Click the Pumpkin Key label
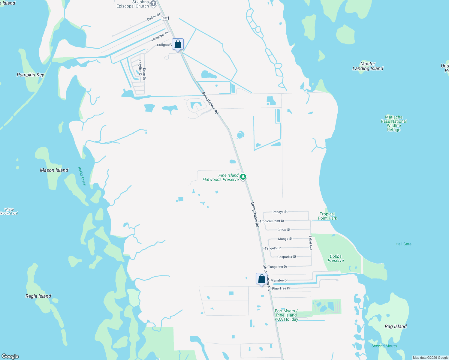[30, 75]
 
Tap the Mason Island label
[54, 170]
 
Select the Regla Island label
[38, 296]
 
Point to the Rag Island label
[396, 326]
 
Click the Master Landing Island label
[368, 66]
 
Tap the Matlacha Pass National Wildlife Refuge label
[393, 123]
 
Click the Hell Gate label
[403, 244]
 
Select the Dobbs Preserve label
[336, 258]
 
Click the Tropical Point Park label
[327, 216]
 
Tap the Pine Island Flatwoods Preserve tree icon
[243, 177]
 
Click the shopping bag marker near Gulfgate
[178, 44]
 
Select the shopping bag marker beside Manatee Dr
[261, 279]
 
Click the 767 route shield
[165, 18]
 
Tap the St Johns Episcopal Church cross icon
[153, 4]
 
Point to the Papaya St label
[280, 212]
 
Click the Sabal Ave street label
[311, 243]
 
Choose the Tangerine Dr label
[277, 267]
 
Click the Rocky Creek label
[82, 176]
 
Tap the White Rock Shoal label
[9, 211]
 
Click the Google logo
[10, 356]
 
